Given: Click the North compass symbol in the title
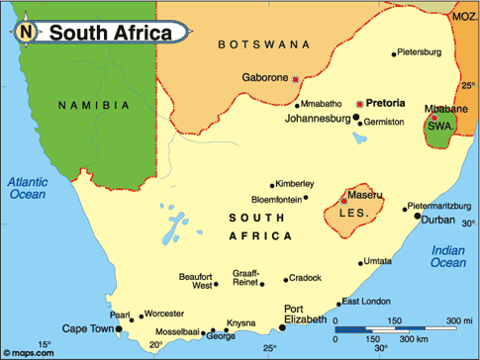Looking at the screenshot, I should (x=26, y=33).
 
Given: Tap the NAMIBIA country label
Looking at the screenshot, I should (x=93, y=105).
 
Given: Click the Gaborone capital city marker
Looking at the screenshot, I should (x=295, y=78).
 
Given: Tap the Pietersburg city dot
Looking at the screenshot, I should (x=394, y=53).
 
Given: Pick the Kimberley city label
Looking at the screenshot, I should (x=296, y=184).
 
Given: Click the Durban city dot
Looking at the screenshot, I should (x=418, y=216).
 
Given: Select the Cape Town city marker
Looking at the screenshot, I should (x=120, y=328).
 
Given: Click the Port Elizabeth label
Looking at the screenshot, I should (x=305, y=314).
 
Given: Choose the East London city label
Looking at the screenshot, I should (x=363, y=302).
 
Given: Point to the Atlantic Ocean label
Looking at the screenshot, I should (x=29, y=189).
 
